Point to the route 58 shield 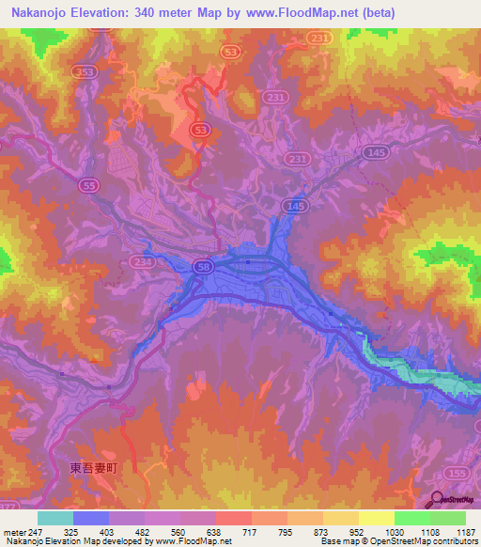click(207, 267)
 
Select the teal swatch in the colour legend click(55, 518)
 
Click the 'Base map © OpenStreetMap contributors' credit click(397, 541)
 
